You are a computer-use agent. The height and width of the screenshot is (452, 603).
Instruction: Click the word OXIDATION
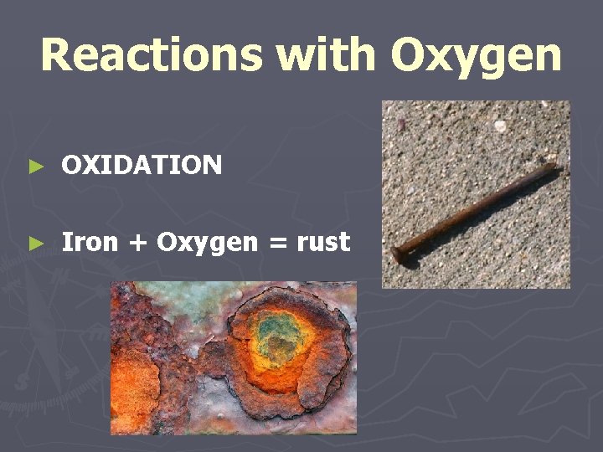(x=142, y=165)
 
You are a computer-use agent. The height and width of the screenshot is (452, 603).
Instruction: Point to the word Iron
(x=90, y=243)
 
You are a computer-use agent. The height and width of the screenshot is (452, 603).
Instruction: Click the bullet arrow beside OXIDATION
(x=34, y=166)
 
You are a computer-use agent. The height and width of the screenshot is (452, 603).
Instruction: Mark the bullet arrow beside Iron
(x=34, y=244)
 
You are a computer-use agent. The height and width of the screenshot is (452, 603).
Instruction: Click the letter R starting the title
(x=57, y=55)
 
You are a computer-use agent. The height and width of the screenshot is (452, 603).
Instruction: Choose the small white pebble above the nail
(x=501, y=126)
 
